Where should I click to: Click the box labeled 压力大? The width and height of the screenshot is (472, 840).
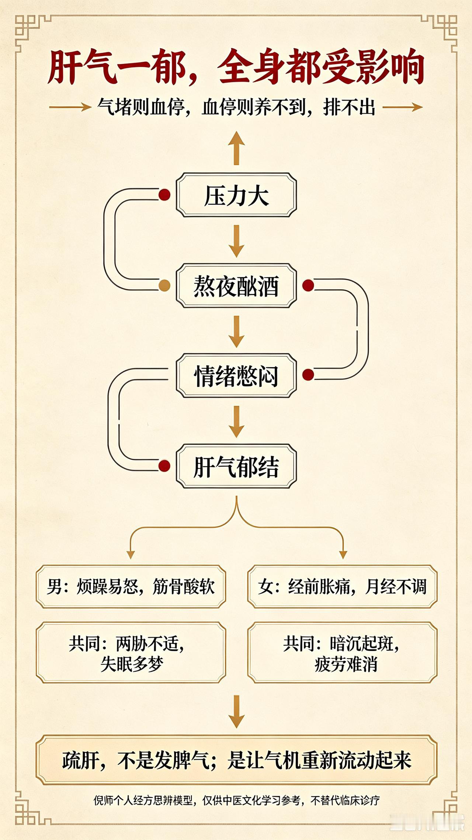pos(236,195)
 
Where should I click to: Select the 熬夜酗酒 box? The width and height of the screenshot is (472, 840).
pos(236,286)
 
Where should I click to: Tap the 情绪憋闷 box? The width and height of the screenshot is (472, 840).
pos(236,376)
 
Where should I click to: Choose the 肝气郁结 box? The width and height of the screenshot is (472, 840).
pos(236,466)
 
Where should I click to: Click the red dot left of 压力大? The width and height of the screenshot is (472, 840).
pos(164,195)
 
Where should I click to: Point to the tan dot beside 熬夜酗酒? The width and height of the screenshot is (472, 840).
pos(164,285)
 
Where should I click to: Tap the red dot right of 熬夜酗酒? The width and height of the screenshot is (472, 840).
pos(308,285)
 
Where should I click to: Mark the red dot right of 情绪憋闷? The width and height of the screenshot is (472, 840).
pos(308,375)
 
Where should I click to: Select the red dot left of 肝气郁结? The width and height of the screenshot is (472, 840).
pos(164,465)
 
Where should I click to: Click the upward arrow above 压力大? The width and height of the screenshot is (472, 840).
pos(236,148)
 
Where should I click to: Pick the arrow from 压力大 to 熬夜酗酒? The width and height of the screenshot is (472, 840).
pos(236,241)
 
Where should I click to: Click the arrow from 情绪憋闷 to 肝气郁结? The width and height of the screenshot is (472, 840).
pos(236,422)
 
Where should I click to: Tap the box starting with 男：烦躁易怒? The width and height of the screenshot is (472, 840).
pos(131,586)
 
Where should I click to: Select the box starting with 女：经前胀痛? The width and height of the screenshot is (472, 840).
pos(342,586)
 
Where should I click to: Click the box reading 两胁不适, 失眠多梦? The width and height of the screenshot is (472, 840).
pos(131,652)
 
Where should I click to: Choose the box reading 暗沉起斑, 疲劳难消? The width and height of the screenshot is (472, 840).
pos(342,652)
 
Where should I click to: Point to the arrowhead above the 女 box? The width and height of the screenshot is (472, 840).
pos(343,555)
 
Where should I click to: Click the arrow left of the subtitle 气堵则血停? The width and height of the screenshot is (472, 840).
pos(70,107)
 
